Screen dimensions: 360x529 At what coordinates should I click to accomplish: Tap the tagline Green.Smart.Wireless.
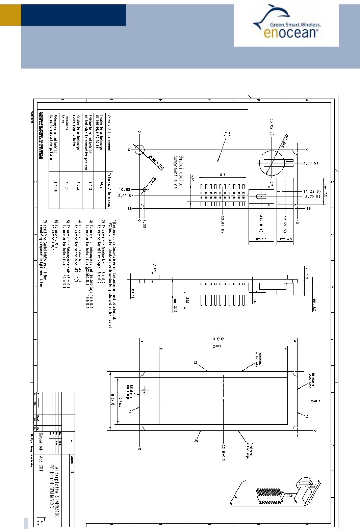click(x=295, y=25)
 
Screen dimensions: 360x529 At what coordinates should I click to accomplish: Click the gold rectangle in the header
click(x=10, y=15)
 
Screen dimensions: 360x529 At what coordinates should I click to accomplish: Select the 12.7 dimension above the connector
click(x=222, y=175)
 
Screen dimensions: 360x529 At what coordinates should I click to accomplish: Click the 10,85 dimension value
click(x=124, y=190)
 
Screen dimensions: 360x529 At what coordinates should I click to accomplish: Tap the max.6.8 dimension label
click(x=261, y=239)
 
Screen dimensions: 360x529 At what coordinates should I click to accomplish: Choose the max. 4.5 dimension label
click(x=286, y=239)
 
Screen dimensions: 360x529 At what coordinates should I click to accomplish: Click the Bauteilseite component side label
click(x=178, y=172)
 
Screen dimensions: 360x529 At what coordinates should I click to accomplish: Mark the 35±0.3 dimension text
click(x=216, y=346)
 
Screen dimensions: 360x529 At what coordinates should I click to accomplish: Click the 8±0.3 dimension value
click(x=315, y=401)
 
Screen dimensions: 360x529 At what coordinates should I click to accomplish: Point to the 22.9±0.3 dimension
click(x=224, y=452)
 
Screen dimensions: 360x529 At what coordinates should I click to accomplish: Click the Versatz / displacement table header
click(x=109, y=133)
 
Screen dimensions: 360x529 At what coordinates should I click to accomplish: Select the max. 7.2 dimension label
click(x=326, y=191)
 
